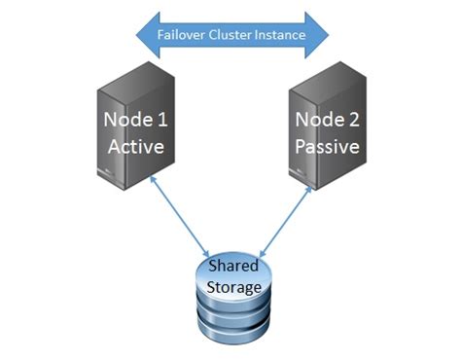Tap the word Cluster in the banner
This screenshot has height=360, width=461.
pos(232,35)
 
